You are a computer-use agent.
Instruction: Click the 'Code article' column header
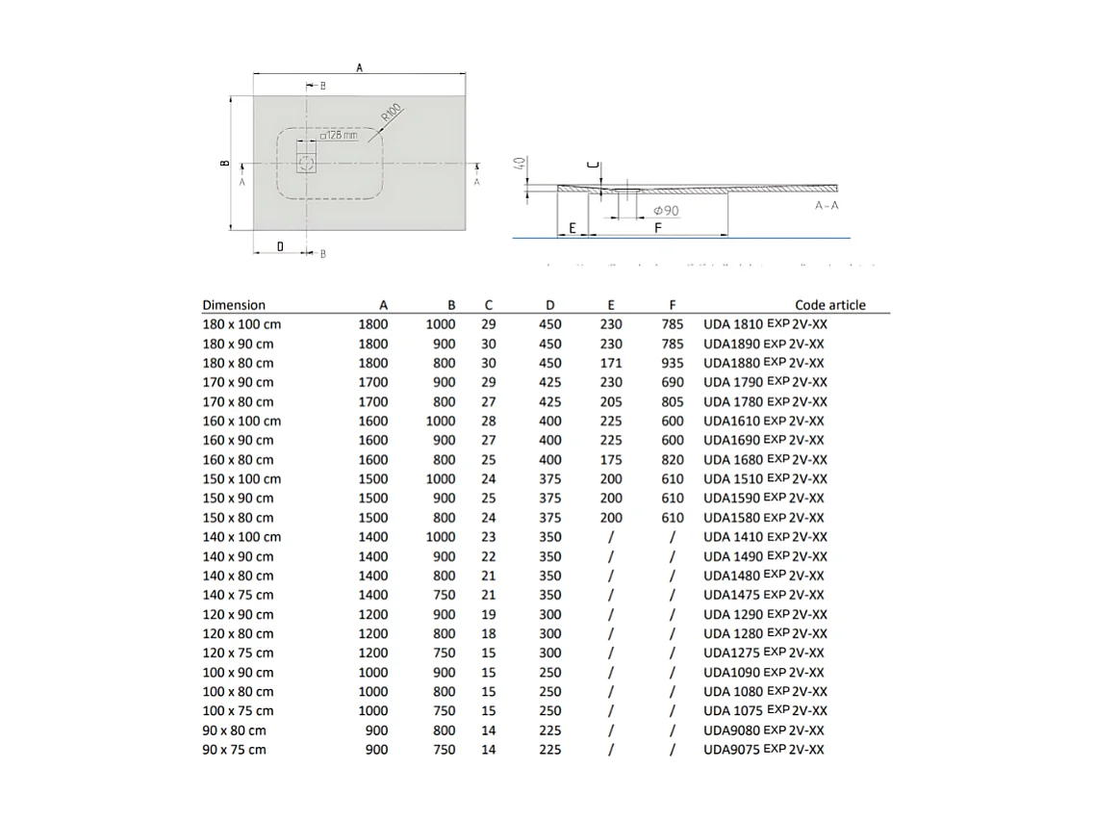click(829, 305)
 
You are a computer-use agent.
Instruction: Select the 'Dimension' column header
click(234, 305)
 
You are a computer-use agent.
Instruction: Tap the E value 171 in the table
click(610, 363)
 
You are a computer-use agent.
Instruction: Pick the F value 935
click(673, 363)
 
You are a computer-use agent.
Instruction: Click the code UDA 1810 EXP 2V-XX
click(765, 324)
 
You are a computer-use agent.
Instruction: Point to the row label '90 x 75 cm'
click(234, 749)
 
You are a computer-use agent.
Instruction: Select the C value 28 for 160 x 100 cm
click(489, 421)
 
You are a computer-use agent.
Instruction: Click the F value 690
click(673, 382)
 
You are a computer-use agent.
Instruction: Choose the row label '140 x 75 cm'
click(238, 595)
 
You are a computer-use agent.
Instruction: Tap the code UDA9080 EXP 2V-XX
click(763, 730)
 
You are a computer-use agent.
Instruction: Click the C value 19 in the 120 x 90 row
click(489, 614)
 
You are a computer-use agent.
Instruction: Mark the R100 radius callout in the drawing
click(390, 113)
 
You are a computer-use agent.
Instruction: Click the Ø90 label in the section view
click(665, 210)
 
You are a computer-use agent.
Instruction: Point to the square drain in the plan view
click(307, 163)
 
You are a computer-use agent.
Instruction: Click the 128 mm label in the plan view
click(338, 136)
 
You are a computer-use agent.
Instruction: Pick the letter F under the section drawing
click(657, 227)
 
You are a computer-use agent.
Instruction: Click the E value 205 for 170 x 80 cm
click(610, 401)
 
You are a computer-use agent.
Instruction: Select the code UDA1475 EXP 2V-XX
click(763, 595)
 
